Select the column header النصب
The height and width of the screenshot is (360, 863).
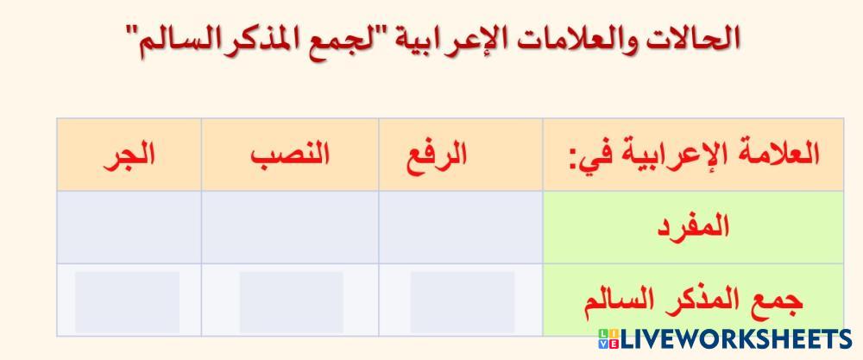tap(290, 155)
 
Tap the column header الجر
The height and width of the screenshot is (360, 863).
tap(129, 155)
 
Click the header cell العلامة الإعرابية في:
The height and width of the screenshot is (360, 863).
tap(694, 155)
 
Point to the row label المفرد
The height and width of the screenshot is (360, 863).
tap(694, 227)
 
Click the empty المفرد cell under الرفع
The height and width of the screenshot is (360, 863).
tap(461, 227)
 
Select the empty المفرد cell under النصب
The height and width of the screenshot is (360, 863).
tap(290, 227)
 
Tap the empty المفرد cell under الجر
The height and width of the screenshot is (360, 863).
tap(129, 227)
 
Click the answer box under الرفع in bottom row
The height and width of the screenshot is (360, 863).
tap(463, 301)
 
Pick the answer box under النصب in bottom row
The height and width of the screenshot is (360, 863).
tap(291, 301)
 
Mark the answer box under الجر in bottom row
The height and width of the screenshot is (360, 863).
tap(127, 301)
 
